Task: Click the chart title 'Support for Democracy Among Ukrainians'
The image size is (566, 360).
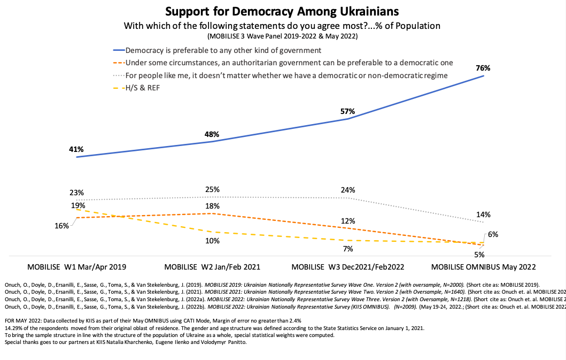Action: pyautogui.click(x=282, y=11)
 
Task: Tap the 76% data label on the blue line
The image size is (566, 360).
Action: pyautogui.click(x=483, y=68)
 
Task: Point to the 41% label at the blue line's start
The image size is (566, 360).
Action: pyautogui.click(x=75, y=150)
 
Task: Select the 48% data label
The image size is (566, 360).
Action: pyautogui.click(x=212, y=134)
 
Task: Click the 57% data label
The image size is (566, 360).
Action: pyautogui.click(x=348, y=111)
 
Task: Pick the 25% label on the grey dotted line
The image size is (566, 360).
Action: pyautogui.click(x=212, y=189)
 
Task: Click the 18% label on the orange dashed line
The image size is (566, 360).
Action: pyautogui.click(x=212, y=206)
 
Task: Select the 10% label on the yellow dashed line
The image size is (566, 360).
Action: pyautogui.click(x=212, y=241)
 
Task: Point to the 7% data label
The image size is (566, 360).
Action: pyautogui.click(x=348, y=249)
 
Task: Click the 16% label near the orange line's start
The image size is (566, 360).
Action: pyautogui.click(x=61, y=226)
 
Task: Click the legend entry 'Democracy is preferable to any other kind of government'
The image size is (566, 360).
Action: pyautogui.click(x=223, y=51)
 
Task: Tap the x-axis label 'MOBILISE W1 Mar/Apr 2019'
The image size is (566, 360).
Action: pyautogui.click(x=76, y=266)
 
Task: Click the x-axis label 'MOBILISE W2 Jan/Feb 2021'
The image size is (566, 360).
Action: pyautogui.click(x=212, y=266)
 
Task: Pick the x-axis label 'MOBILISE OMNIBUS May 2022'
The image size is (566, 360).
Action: pyautogui.click(x=483, y=266)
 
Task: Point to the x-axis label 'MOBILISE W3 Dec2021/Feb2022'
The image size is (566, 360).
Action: pyautogui.click(x=347, y=266)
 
